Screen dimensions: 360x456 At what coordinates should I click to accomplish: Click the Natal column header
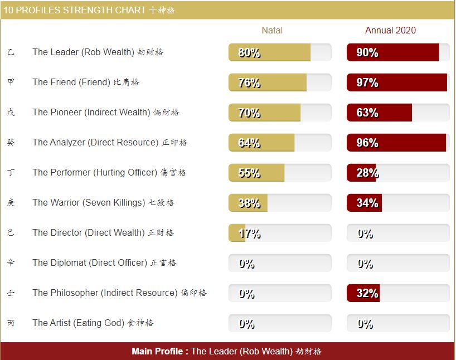pyautogui.click(x=272, y=30)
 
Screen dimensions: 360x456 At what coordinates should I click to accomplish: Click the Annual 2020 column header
pyautogui.click(x=390, y=30)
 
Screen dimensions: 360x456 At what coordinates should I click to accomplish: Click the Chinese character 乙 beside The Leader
pyautogui.click(x=11, y=52)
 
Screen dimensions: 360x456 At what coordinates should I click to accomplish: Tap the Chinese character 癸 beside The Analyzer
pyautogui.click(x=11, y=142)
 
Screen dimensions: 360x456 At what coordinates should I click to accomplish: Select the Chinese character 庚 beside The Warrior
pyautogui.click(x=11, y=202)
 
